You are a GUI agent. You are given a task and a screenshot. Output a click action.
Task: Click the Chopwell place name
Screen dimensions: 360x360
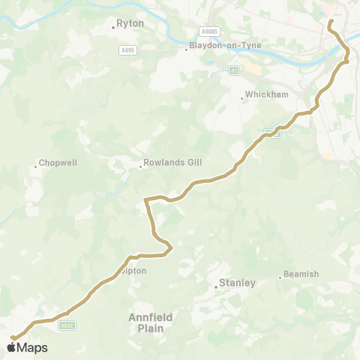(x=57, y=162)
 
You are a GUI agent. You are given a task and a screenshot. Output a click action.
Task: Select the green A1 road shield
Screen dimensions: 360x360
(x=233, y=70)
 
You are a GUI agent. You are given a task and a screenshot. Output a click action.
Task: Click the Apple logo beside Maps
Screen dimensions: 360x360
(x=11, y=347)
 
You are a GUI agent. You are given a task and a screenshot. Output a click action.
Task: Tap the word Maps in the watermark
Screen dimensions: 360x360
(x=32, y=347)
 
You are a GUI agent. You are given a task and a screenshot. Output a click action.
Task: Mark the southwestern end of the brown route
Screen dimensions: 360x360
(x=12, y=338)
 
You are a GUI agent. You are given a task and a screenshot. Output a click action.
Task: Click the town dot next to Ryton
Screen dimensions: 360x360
(x=113, y=26)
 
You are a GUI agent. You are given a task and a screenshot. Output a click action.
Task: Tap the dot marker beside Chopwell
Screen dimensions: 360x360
(x=35, y=165)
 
